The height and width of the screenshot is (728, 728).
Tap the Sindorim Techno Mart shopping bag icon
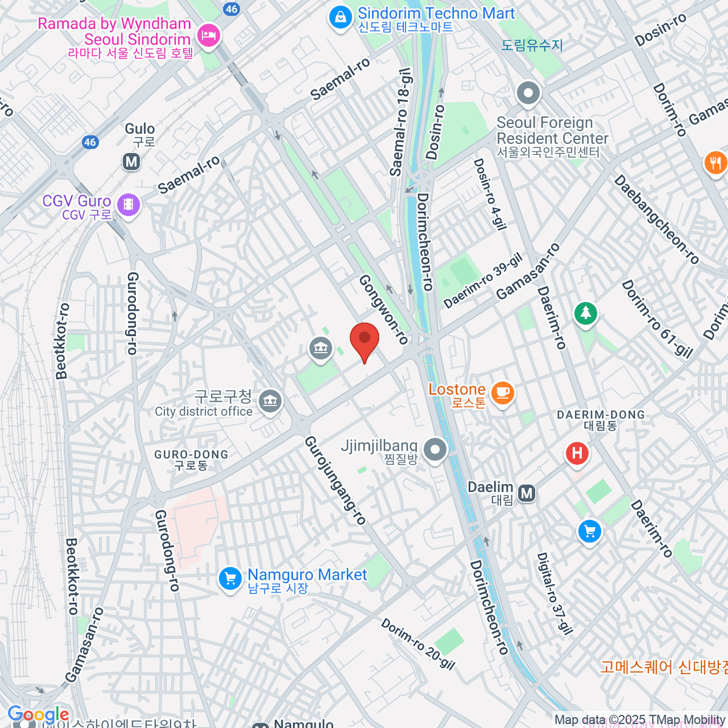pos(340,18)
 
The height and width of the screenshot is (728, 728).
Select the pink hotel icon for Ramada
pos(209,34)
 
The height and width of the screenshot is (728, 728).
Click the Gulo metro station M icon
pos(131,162)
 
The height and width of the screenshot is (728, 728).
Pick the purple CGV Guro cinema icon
pos(128,204)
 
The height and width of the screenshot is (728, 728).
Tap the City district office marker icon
pos(270,401)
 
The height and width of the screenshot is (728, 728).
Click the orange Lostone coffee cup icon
pos(502,392)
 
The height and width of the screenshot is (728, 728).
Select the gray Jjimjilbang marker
pos(435,450)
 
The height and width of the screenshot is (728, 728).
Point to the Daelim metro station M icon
pos(527,493)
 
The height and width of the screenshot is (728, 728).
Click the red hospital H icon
pos(577,453)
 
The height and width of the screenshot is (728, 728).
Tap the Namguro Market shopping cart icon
pos(230,578)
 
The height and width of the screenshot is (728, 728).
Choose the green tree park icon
pos(585,313)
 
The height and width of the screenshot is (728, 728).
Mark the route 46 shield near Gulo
pos(90,142)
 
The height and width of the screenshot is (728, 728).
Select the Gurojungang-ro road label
pos(335,480)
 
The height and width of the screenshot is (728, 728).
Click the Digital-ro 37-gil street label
pos(554,593)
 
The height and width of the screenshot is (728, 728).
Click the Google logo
pos(38,715)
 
